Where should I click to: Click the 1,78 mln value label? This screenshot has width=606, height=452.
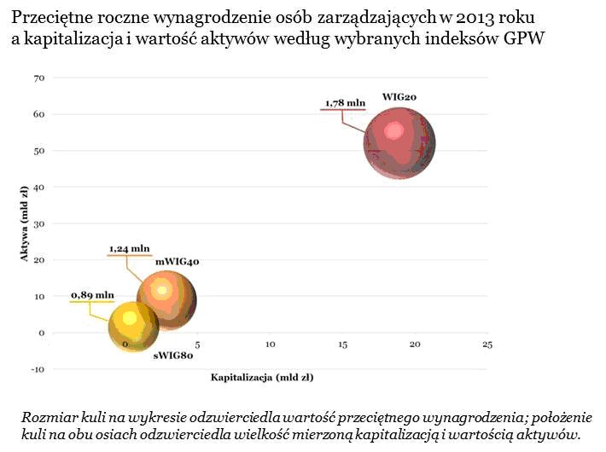343,104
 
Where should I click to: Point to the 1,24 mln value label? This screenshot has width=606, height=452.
129,249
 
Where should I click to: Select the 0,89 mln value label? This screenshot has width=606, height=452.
92,295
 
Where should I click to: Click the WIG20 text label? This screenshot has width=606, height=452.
399,99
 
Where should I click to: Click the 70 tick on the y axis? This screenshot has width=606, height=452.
38,78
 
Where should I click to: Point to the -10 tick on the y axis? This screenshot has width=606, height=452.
37,369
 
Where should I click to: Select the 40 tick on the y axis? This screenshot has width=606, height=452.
38,187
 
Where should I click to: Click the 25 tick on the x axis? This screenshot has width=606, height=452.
487,345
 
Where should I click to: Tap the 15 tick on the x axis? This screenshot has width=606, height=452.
342,345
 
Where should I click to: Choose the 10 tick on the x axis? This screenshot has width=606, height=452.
271,345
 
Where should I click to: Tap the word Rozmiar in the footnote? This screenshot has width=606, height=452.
48,418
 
